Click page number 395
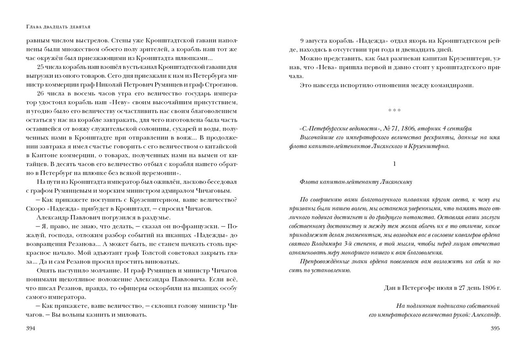(x=495, y=329)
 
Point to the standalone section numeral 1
(x=394, y=164)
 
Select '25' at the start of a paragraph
(x=42, y=67)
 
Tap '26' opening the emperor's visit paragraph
(x=42, y=93)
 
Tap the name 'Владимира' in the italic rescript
(x=328, y=244)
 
